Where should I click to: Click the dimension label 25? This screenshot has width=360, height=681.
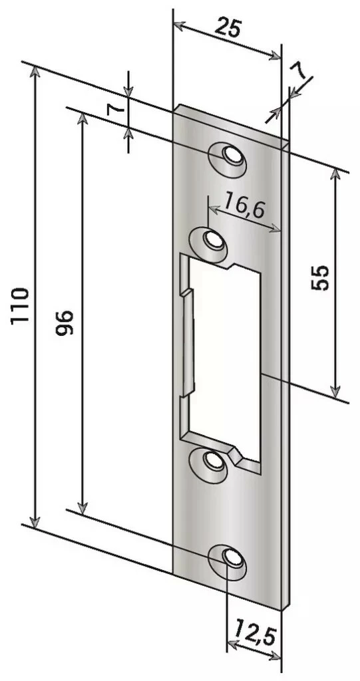(228, 29)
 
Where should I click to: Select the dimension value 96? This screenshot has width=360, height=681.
(65, 322)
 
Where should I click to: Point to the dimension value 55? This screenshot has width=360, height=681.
(320, 277)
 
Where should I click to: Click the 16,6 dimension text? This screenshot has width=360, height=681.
(245, 205)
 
